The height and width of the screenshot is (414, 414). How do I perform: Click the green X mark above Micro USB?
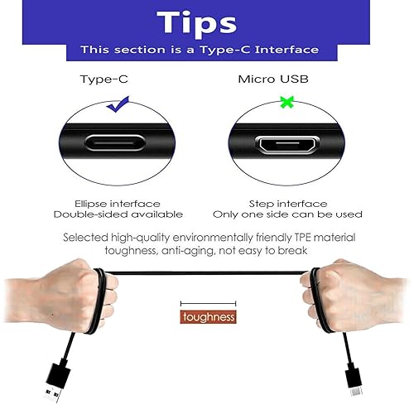pyautogui.click(x=287, y=102)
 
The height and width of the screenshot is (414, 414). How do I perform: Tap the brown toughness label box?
pyautogui.click(x=208, y=317)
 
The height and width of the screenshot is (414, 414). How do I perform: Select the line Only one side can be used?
pyautogui.click(x=306, y=214)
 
